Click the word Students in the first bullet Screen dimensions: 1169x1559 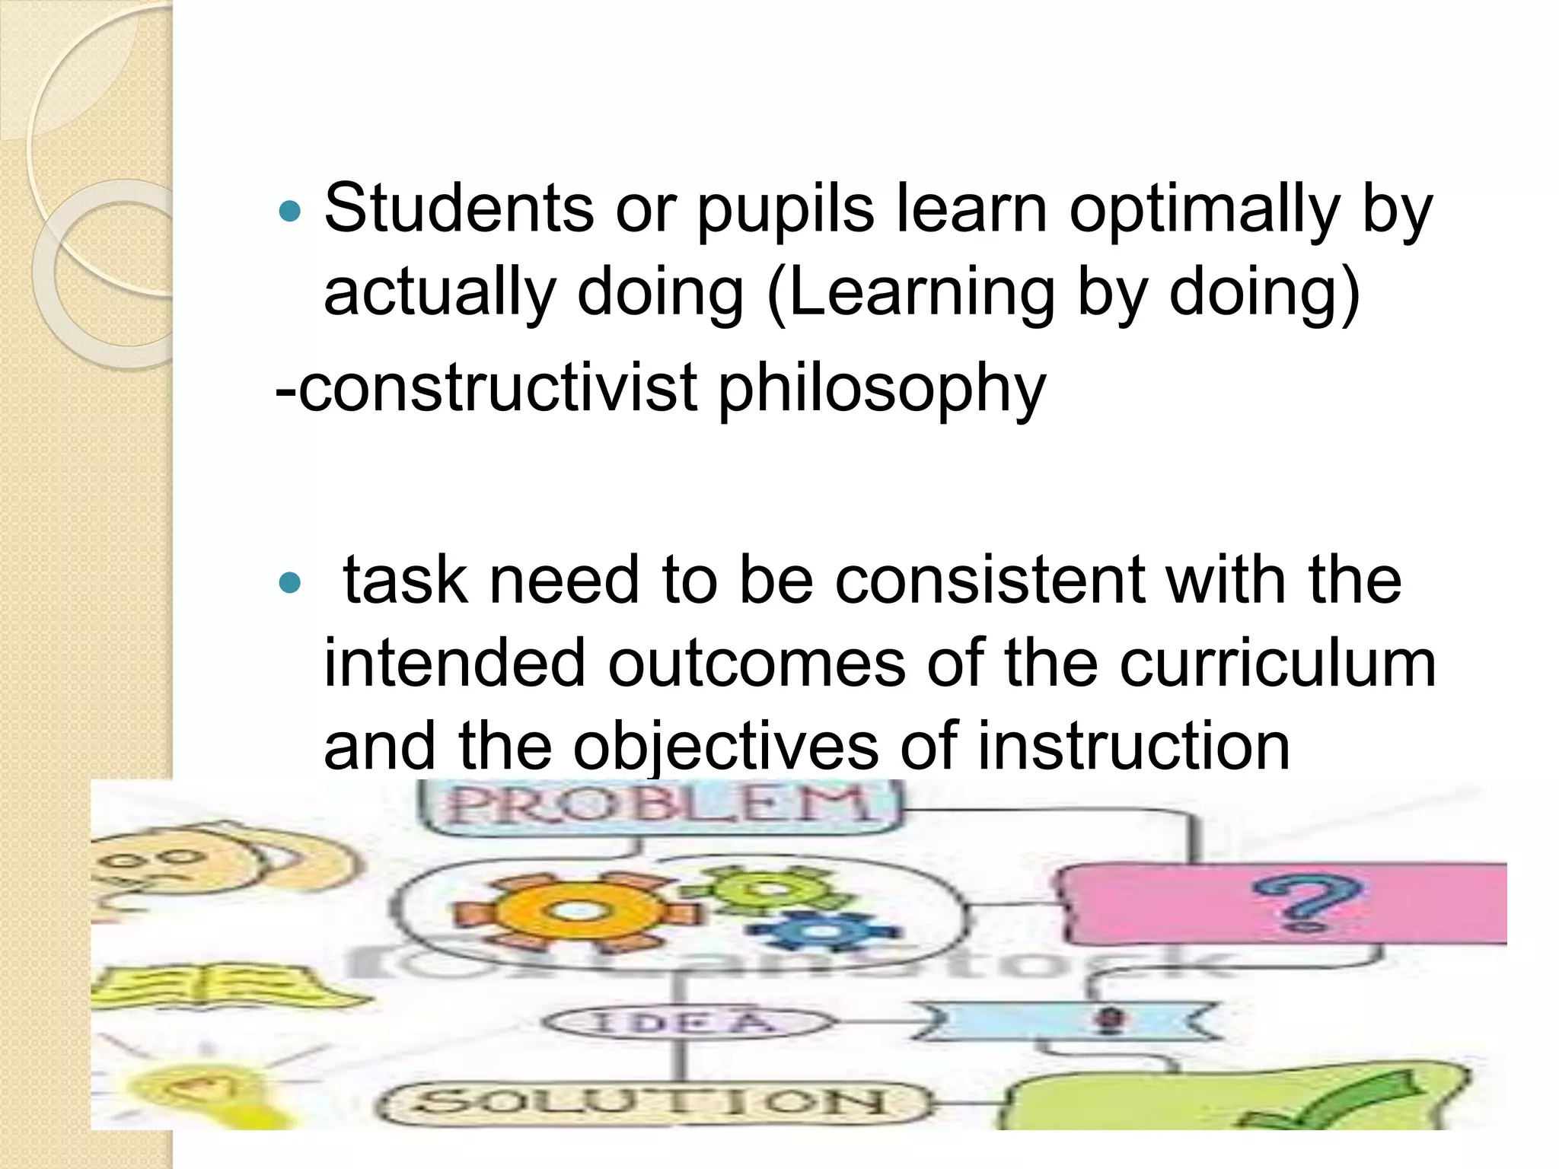click(458, 209)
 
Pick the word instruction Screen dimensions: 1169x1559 click(1133, 746)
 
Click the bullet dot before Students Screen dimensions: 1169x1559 click(290, 211)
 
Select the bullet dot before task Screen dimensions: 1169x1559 click(290, 583)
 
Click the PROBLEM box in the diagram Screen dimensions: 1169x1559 click(659, 805)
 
